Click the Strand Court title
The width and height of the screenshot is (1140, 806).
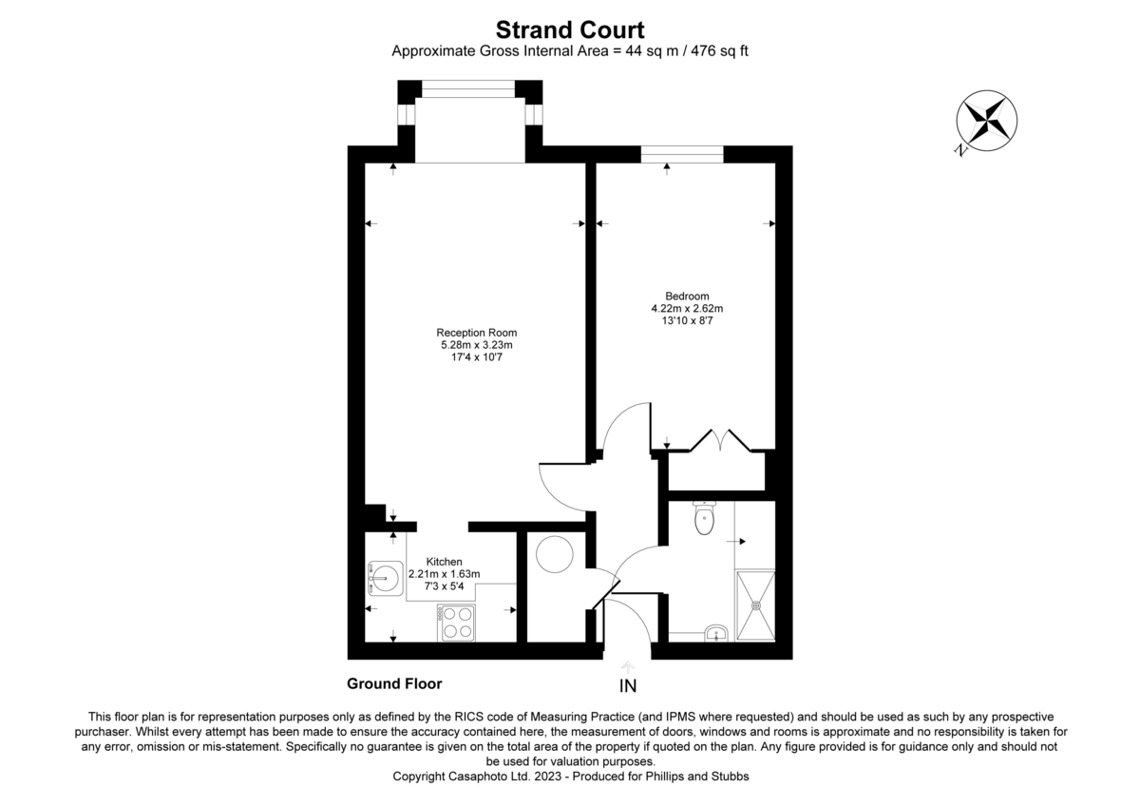coord(570,30)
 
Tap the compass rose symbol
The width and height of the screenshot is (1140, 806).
coord(986,121)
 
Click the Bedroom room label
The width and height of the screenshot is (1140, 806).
coord(687,296)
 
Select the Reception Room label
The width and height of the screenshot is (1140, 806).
coord(476,333)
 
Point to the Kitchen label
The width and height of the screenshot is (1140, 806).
coord(444,562)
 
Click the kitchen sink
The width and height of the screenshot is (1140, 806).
coord(385,579)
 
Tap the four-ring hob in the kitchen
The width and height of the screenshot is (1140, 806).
coord(457,624)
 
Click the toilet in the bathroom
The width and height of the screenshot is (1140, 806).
coord(704,518)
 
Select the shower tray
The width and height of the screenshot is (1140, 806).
coord(756,605)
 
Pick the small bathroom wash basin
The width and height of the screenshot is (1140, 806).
coord(716,633)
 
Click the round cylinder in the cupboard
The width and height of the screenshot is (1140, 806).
coord(554,554)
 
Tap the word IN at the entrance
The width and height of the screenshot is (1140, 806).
coord(628,686)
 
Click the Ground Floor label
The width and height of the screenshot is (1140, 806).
coord(394,683)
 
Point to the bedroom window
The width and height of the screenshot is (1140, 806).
coord(682,154)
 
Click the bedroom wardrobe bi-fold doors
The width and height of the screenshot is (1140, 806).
coord(720,440)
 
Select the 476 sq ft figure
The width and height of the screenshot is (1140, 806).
coord(719,51)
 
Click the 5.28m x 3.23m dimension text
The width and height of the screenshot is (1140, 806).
coord(476,345)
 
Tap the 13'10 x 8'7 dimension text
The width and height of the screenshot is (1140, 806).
coord(687,320)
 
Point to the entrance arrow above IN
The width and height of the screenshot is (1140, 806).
coord(628,667)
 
